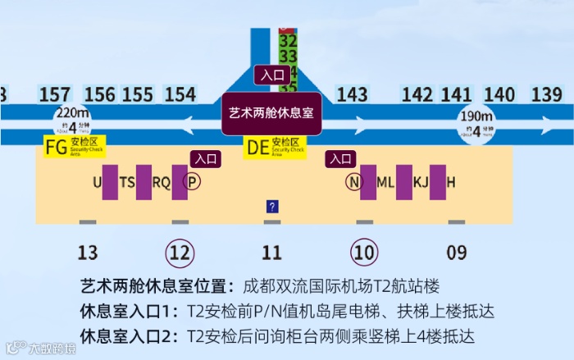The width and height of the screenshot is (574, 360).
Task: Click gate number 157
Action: pos(55,94)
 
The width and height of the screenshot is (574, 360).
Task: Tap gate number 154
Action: pos(180,94)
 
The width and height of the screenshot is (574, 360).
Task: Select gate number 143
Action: pos(352,94)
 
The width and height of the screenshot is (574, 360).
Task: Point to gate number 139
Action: pos(546,94)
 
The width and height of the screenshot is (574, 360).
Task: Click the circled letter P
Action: pos(191,182)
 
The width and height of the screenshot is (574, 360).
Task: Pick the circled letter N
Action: pos(353,182)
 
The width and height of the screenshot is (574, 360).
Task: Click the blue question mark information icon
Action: pos(272,207)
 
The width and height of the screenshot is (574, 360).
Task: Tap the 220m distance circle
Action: pos(72,121)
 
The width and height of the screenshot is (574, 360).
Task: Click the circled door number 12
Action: pos(180,253)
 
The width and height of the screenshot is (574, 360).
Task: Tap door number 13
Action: pos(87,253)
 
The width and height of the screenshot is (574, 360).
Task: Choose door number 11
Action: pos(271,253)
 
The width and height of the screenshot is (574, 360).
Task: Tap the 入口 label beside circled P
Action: pos(203,159)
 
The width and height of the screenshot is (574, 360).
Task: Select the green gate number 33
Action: pos(288,57)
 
